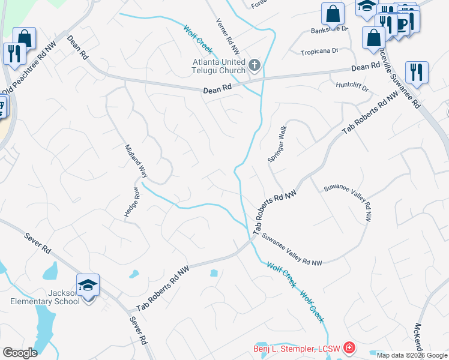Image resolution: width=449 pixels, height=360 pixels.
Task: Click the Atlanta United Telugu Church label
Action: click(218, 66)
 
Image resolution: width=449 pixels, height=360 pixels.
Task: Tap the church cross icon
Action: click(254, 65)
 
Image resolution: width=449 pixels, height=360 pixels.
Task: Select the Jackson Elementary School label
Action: click(44, 297)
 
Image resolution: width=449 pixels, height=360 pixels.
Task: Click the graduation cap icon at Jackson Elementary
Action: click(88, 285)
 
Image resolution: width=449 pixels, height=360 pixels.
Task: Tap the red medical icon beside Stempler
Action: click(348, 348)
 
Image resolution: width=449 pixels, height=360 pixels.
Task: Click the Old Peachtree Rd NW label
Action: click(25, 76)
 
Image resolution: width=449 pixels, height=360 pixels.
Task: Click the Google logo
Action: click(20, 352)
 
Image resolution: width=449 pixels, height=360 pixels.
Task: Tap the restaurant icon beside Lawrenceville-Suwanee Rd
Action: click(416, 73)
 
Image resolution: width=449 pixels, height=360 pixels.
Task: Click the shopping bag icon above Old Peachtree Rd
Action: click(25, 39)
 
